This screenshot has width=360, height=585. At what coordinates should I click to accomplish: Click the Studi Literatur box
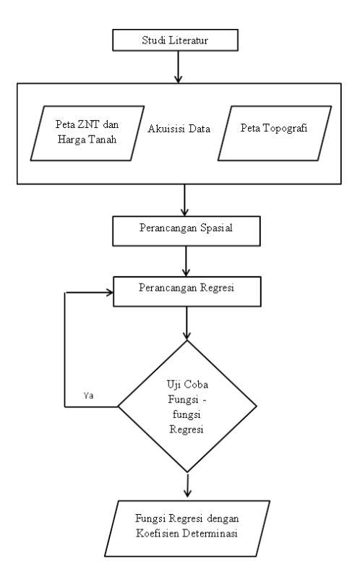click(x=176, y=40)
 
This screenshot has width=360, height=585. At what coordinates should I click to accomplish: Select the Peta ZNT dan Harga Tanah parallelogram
click(x=87, y=133)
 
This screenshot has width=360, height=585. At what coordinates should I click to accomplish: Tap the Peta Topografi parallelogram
click(x=275, y=133)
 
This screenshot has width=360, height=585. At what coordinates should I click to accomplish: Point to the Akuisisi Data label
click(x=179, y=129)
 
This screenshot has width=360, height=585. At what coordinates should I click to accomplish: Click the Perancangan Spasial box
click(x=187, y=231)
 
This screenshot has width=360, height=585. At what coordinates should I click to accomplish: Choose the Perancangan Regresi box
click(x=187, y=291)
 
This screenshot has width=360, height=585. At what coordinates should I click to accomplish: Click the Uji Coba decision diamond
click(x=187, y=406)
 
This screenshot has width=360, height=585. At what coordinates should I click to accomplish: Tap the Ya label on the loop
click(x=88, y=396)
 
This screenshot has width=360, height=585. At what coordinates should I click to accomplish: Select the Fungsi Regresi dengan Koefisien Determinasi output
click(x=187, y=529)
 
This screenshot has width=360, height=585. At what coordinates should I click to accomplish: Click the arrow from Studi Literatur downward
click(x=179, y=67)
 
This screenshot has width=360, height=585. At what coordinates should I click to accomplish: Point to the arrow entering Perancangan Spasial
click(x=184, y=200)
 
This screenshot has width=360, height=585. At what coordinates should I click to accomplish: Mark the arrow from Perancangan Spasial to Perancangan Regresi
click(x=187, y=261)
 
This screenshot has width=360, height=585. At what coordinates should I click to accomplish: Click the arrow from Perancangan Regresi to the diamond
click(x=187, y=323)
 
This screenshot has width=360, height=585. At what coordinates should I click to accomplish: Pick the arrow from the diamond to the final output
click(x=187, y=485)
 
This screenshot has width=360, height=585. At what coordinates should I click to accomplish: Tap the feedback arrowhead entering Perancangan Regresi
click(x=110, y=292)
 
